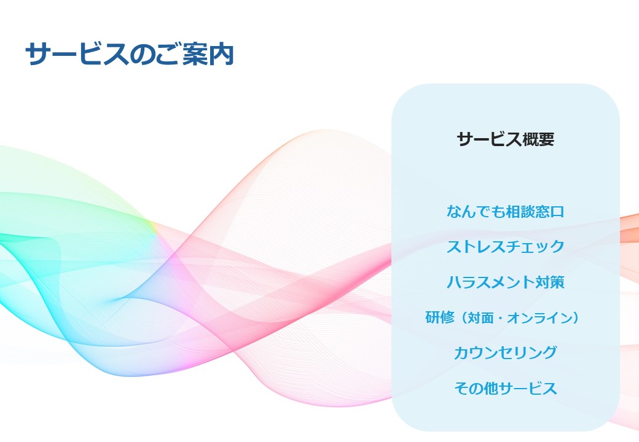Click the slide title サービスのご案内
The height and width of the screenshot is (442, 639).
[129, 54]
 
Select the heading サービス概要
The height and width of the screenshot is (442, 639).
[505, 139]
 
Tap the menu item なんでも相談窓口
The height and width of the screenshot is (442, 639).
[505, 212]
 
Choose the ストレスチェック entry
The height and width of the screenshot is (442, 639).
[505, 247]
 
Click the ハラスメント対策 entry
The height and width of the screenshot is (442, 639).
[505, 282]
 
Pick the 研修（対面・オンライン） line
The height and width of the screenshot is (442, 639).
[502, 317]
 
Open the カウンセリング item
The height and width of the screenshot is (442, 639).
[505, 352]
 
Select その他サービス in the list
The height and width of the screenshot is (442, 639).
[505, 388]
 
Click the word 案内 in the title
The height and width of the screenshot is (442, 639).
[208, 54]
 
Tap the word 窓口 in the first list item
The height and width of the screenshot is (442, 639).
[550, 212]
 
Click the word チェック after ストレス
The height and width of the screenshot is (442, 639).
[535, 247]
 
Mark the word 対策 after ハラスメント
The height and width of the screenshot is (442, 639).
[550, 282]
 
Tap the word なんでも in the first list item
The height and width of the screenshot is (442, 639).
[476, 212]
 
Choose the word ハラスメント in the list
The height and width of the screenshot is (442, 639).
[491, 282]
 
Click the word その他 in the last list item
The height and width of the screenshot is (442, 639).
[476, 388]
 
